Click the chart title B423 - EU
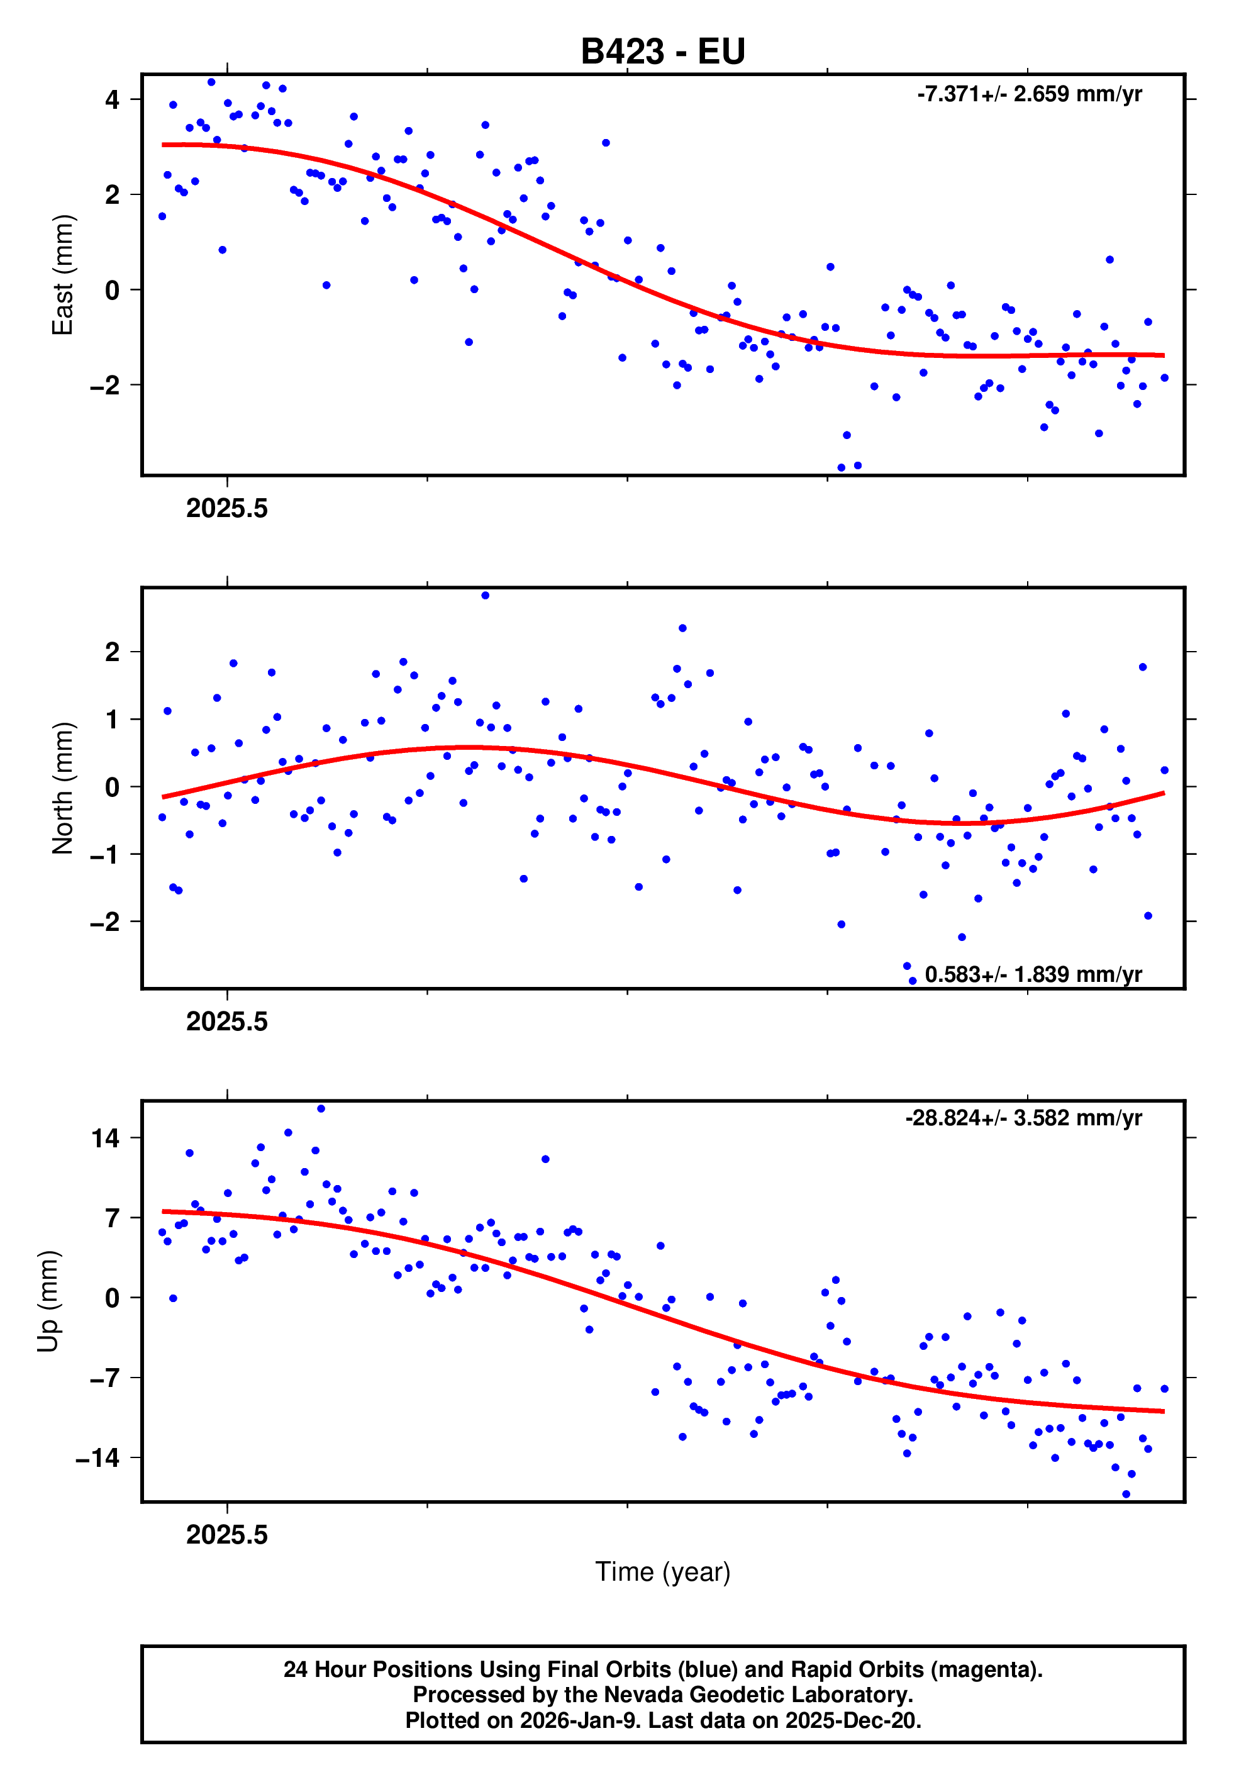pyautogui.click(x=663, y=52)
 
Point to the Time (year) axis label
pyautogui.click(x=663, y=1572)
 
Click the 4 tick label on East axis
pyautogui.click(x=113, y=100)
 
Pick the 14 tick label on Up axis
pyautogui.click(x=105, y=1138)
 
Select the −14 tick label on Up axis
pyautogui.click(x=97, y=1457)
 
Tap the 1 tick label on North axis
pyautogui.click(x=113, y=720)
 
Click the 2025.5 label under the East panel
pyautogui.click(x=226, y=509)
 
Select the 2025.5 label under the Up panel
pyautogui.click(x=226, y=1535)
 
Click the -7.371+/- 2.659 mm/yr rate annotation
pyautogui.click(x=1029, y=94)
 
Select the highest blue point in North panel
pyautogui.click(x=486, y=595)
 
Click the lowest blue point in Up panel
pyautogui.click(x=1126, y=1495)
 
